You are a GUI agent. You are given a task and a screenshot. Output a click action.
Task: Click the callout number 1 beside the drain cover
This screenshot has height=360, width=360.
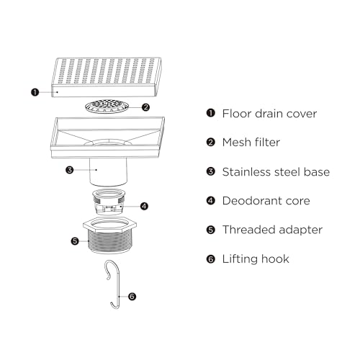tap(35, 92)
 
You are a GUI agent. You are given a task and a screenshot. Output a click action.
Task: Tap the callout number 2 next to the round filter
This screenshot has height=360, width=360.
tap(145, 107)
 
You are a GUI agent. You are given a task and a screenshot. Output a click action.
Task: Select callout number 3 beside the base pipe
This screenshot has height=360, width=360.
tap(70, 170)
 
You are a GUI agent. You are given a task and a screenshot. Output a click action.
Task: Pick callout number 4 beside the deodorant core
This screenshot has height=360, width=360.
tap(144, 206)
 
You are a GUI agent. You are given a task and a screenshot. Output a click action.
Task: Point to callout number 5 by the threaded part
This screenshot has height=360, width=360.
tap(75, 241)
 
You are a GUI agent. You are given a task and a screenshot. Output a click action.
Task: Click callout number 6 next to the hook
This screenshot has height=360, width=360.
tap(132, 297)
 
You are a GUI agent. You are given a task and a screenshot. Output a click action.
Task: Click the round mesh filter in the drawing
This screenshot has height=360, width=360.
tap(107, 106)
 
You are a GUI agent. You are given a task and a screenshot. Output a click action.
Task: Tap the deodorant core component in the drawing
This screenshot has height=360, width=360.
tap(109, 202)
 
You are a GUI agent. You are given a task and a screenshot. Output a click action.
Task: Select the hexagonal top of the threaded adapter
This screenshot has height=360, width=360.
tap(110, 223)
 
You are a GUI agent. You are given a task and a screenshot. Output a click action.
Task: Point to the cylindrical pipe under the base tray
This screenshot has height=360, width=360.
tap(108, 172)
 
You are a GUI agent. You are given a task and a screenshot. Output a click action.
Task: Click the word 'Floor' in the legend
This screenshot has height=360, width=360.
tap(237, 114)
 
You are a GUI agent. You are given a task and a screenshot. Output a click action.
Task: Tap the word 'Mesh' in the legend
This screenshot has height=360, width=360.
tap(237, 143)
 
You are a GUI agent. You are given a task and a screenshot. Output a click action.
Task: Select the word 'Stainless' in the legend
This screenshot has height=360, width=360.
tap(246, 172)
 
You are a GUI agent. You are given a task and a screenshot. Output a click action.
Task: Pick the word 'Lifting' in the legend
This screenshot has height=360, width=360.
tap(240, 259)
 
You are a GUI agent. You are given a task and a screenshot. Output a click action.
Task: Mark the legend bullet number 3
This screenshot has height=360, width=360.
tap(211, 171)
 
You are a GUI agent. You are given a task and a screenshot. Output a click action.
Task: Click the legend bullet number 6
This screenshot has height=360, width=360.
tap(211, 259)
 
